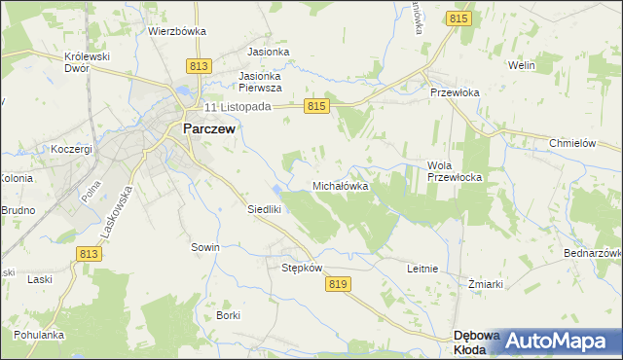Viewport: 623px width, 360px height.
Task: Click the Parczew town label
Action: [208, 126]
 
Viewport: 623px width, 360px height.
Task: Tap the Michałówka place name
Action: [340, 185]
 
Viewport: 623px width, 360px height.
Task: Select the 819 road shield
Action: [338, 283]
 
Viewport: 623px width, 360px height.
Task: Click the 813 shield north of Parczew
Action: [199, 66]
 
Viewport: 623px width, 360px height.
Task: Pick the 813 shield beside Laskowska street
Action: [89, 253]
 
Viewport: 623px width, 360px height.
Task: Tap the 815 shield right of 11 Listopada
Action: [314, 106]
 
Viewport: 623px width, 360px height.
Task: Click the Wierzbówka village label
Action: [177, 30]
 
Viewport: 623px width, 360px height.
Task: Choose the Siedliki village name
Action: [264, 209]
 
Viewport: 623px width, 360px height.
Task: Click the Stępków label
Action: [301, 268]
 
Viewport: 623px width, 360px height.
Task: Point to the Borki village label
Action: [229, 315]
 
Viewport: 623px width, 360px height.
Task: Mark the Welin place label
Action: [523, 65]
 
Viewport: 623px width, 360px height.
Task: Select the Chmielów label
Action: [571, 142]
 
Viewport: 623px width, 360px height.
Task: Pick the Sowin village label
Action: [204, 247]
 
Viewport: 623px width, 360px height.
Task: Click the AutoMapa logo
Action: [561, 340]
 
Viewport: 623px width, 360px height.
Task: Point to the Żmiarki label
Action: [484, 284]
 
